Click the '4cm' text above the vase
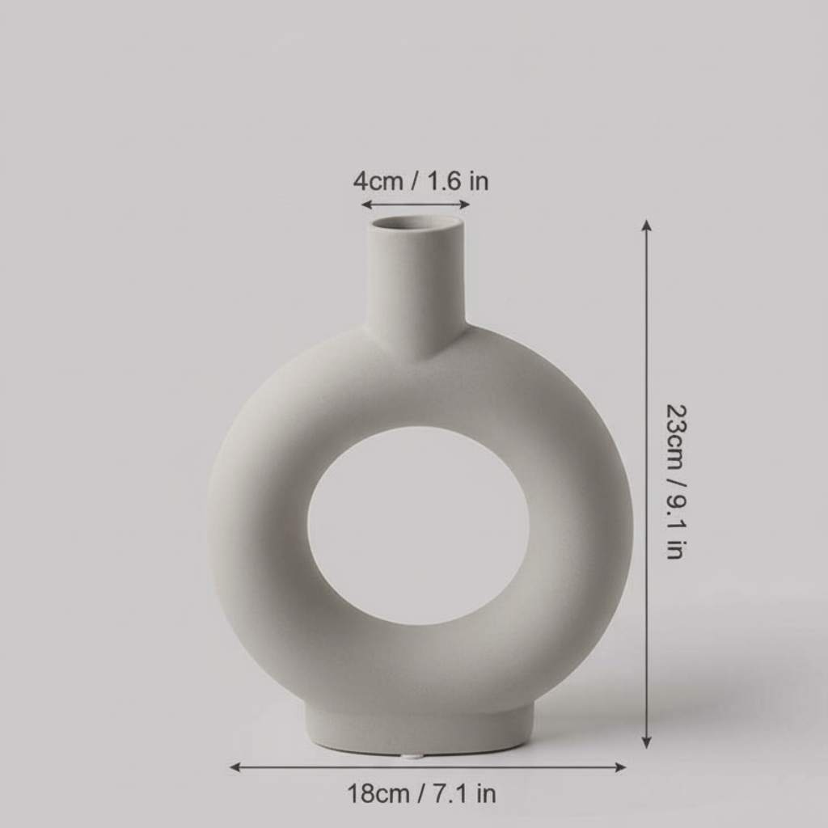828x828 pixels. (x=378, y=181)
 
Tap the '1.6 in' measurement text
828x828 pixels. (x=458, y=181)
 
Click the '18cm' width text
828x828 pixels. (x=378, y=794)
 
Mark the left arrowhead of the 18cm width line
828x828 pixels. (x=234, y=767)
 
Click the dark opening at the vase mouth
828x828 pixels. (x=416, y=222)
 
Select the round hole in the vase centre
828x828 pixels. (x=418, y=526)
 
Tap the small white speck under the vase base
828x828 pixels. (x=411, y=757)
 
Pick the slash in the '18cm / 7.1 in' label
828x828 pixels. (x=420, y=794)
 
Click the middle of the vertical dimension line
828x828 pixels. (x=646, y=484)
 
